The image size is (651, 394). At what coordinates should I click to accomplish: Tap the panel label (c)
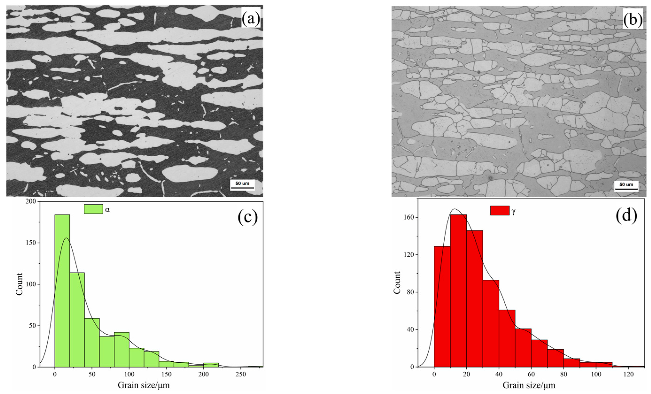pos(248,217)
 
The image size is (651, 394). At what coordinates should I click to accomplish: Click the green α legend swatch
pos(93,209)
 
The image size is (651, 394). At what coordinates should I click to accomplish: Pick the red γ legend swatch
pos(500,210)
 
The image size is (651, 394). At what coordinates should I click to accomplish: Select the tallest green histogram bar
pos(62,291)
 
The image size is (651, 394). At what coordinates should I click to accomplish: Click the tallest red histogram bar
pos(458,291)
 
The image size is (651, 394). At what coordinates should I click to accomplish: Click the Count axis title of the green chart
pos(19,284)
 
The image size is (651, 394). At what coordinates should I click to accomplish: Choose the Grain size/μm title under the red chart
pos(529,385)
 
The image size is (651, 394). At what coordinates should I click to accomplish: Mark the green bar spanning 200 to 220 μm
pos(211,365)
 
